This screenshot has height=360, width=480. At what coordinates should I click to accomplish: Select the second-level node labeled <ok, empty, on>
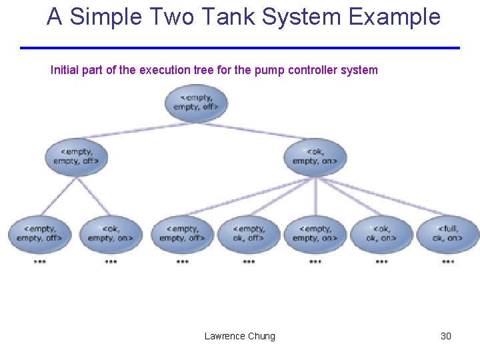point(315,156)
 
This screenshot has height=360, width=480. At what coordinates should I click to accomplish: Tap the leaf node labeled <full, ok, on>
point(447,233)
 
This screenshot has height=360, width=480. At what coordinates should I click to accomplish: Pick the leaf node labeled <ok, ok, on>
point(381,233)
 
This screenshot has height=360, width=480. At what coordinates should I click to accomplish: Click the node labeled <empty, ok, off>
point(249,233)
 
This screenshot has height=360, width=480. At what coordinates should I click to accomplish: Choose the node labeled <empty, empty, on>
point(315,233)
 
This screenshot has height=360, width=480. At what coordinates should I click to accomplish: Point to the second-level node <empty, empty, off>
point(76,156)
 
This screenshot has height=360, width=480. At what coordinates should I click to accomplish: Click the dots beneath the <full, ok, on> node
point(448,262)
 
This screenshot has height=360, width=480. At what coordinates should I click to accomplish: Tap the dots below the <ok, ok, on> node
point(381,262)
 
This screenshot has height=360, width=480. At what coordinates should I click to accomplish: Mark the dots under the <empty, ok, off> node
point(249,262)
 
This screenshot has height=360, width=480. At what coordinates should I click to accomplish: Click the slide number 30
point(446,336)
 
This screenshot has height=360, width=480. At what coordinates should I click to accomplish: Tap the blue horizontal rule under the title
point(240,48)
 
